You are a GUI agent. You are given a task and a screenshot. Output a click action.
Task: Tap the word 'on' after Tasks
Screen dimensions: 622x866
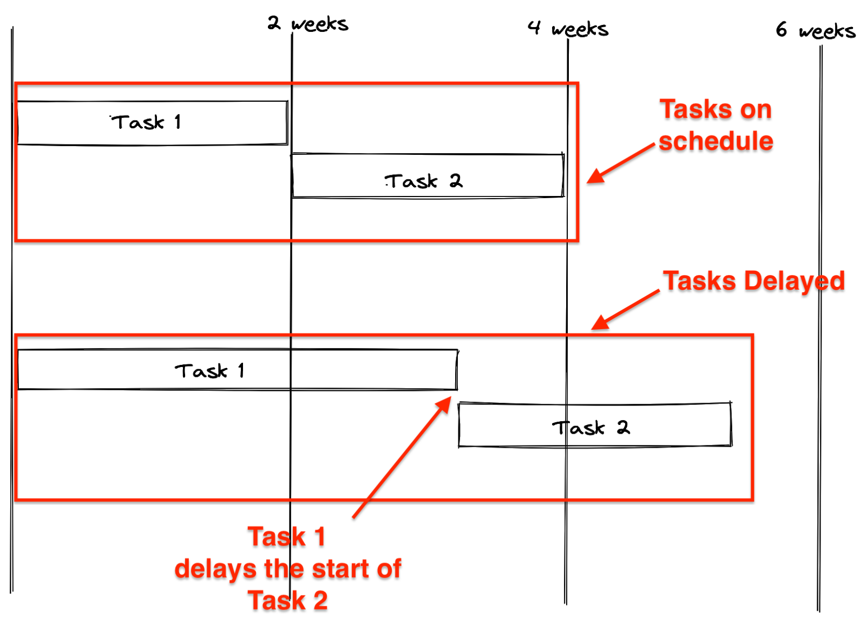(x=756, y=110)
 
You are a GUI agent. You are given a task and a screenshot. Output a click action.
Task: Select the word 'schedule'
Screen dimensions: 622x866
(x=716, y=141)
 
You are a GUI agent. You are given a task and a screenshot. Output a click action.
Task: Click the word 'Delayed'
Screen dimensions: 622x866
(x=794, y=281)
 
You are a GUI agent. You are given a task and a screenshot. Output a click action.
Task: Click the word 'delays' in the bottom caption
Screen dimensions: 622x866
(x=215, y=569)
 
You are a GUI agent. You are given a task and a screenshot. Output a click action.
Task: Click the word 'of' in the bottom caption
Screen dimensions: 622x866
(x=389, y=568)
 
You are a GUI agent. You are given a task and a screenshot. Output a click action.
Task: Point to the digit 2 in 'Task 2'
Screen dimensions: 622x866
(x=320, y=600)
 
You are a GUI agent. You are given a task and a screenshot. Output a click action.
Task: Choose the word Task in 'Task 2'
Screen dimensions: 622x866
(x=277, y=600)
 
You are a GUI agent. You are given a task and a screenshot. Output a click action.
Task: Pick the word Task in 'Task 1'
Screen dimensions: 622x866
(x=277, y=536)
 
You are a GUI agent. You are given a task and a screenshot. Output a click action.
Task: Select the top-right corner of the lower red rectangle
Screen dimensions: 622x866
(x=752, y=335)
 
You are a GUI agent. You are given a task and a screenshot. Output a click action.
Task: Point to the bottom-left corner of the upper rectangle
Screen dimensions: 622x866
(x=16, y=240)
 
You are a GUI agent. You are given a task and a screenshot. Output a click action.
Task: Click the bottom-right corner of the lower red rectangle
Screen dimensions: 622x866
(x=752, y=499)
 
